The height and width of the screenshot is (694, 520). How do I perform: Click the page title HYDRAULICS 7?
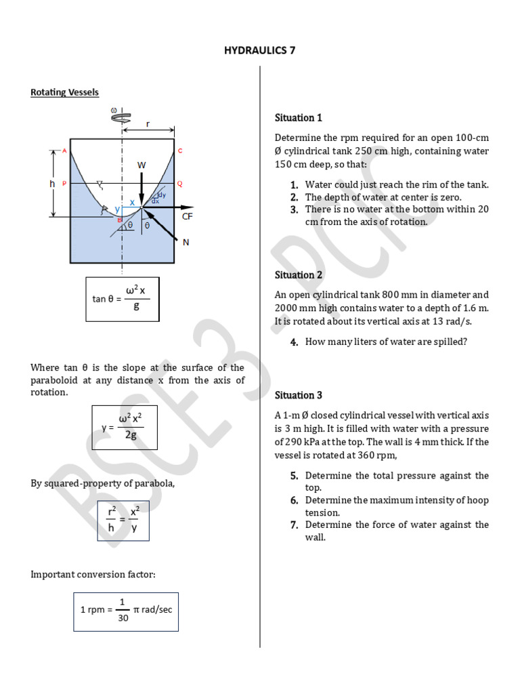click(x=260, y=51)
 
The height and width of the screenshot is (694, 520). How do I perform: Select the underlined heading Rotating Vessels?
click(x=64, y=92)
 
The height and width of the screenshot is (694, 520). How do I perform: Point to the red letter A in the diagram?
click(x=64, y=150)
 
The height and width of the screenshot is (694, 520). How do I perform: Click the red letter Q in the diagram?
click(x=180, y=184)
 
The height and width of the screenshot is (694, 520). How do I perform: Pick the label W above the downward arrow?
click(x=142, y=165)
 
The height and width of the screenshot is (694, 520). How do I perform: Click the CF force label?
click(x=188, y=216)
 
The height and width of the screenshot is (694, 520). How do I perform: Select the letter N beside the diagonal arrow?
click(x=186, y=242)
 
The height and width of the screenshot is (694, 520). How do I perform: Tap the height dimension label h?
click(x=52, y=184)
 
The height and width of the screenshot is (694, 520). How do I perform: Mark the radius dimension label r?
click(x=148, y=123)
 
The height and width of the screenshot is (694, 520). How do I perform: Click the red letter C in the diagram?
click(x=180, y=150)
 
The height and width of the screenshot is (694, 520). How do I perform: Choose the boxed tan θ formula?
click(x=122, y=298)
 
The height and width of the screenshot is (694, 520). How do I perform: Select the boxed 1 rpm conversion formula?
click(x=126, y=611)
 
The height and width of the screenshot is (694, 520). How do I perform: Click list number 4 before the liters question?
click(x=295, y=342)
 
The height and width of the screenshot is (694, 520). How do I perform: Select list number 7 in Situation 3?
click(x=295, y=525)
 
